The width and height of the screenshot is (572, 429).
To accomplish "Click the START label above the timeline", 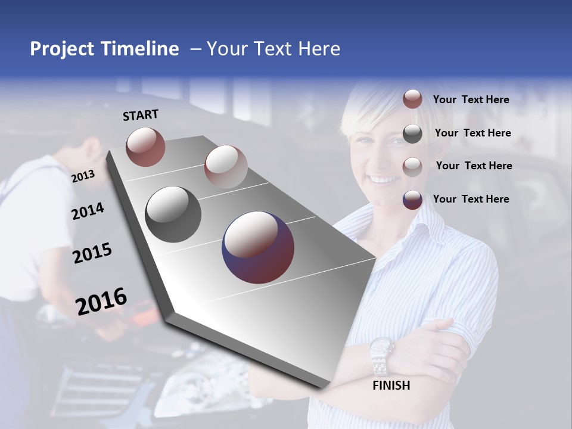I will coord(141,115).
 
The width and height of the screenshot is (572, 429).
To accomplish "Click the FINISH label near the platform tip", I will coord(391,386).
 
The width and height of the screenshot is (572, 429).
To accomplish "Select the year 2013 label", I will coord(83,176).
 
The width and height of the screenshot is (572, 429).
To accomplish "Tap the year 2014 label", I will coord(88,211).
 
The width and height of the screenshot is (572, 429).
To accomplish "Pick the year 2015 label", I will coord(92,253).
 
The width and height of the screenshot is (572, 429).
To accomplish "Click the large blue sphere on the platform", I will coord(258,247).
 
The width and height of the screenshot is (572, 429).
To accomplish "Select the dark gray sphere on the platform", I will coord(173,214).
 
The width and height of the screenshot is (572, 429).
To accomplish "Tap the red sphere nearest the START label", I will coord(145,147).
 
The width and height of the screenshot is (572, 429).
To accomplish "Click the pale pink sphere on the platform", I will coord(225,166).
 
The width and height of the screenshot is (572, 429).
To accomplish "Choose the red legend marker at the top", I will coord(412,100).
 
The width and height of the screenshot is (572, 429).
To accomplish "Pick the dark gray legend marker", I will coord(412,133).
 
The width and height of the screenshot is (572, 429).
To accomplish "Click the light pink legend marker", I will coord(412,166).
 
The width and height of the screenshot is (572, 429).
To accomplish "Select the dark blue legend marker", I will coord(412,200).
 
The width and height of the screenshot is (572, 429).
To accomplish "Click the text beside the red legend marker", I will coord(471,100).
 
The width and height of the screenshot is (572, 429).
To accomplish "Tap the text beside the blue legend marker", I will coord(471,199).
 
